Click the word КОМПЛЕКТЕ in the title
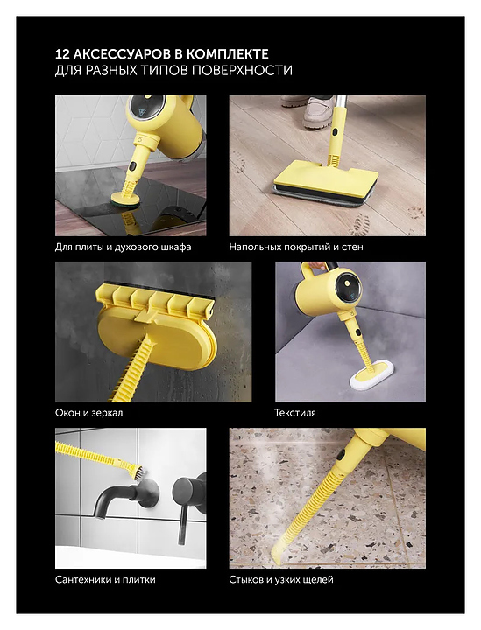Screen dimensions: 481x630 [228, 54]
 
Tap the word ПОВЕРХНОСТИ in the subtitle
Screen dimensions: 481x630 [241, 70]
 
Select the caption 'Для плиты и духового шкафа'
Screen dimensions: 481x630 [123, 247]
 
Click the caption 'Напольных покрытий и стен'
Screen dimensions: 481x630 [296, 247]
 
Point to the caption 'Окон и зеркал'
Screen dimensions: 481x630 [88, 413]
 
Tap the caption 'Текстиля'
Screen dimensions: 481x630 [294, 413]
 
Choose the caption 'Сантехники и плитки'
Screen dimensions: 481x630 [105, 579]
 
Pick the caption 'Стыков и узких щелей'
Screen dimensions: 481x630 [281, 579]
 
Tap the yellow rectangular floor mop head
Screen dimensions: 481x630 [326, 179]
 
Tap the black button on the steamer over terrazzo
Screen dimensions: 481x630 [342, 456]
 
